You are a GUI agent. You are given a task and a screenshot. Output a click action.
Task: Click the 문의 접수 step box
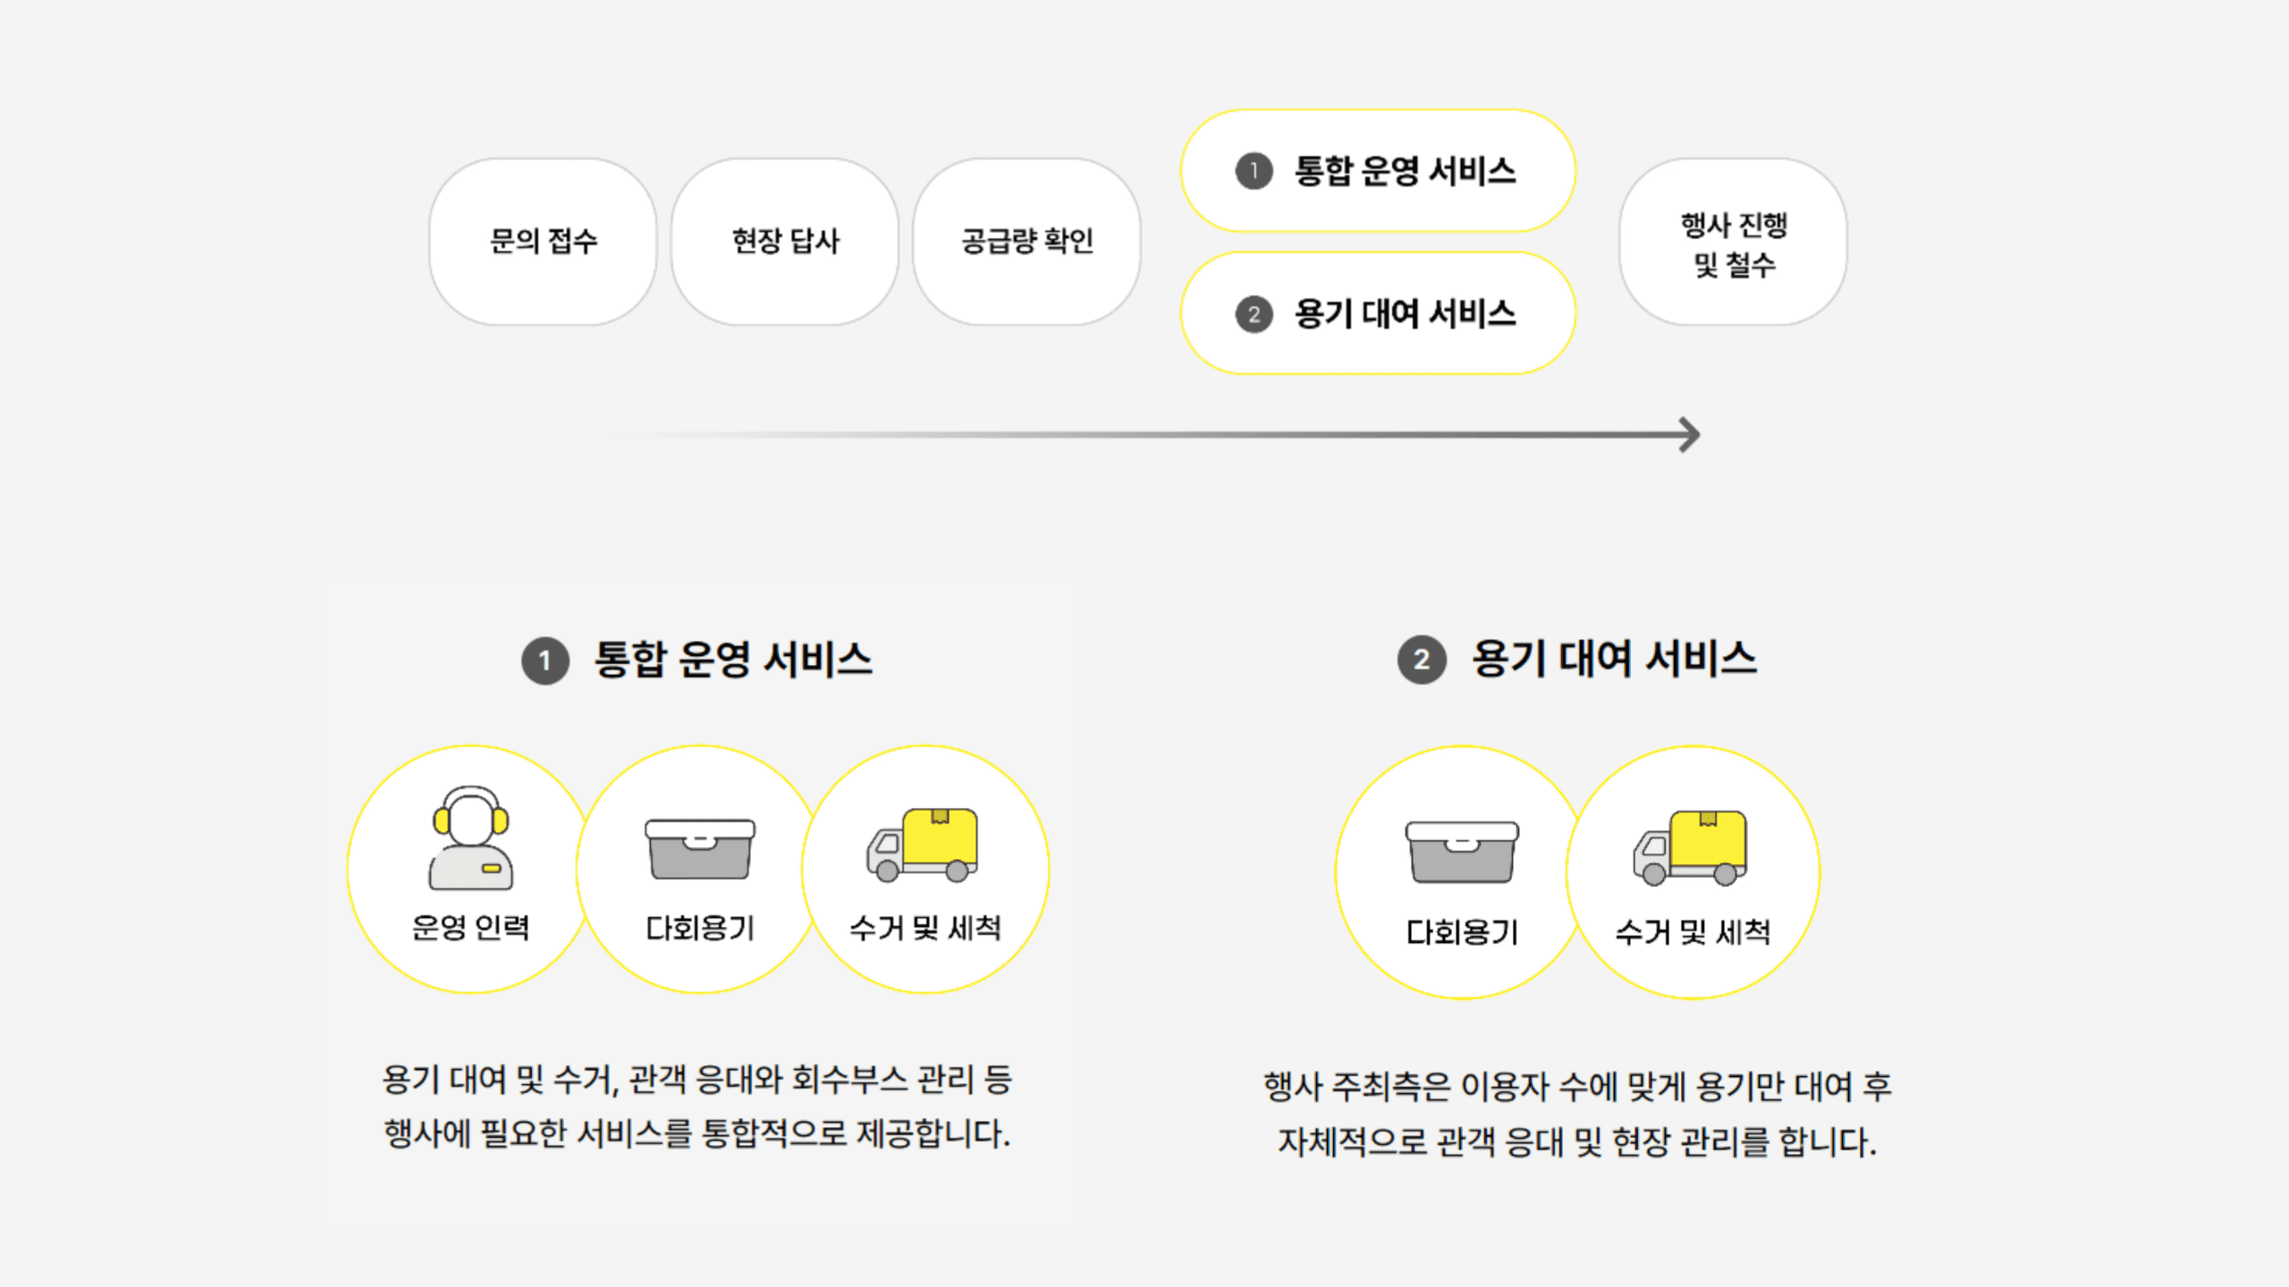coord(543,241)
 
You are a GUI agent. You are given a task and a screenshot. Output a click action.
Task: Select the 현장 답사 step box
coord(785,241)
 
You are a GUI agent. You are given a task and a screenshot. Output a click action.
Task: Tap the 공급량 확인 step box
coord(1026,241)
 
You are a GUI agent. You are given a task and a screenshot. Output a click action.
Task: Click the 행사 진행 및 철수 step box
coord(1733,243)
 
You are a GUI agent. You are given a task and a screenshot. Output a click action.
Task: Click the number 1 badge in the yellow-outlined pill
coord(1254,171)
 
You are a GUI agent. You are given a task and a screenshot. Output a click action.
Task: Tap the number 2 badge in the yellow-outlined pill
coord(1254,314)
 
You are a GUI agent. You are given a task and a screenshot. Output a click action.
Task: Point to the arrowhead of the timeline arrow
coord(1688,435)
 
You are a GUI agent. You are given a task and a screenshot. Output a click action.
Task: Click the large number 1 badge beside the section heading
coord(545,661)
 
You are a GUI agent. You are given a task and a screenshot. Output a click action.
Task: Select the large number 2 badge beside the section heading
coord(1422,660)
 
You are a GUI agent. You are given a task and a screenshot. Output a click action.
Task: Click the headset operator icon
coord(471,837)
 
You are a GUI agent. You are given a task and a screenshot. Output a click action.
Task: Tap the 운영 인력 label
coord(470,928)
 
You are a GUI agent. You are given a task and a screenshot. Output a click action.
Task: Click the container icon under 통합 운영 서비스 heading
coord(700,848)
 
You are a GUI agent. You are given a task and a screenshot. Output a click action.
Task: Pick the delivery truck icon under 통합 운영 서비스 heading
coord(923,845)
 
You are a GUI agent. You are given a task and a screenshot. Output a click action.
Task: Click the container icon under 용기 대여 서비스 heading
coord(1462,852)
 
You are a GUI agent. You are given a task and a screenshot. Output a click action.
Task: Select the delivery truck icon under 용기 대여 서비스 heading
coord(1691,848)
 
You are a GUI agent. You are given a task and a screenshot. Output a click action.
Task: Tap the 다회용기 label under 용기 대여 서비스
coord(1462,933)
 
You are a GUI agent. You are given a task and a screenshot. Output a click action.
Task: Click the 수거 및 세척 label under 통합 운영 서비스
coord(925,928)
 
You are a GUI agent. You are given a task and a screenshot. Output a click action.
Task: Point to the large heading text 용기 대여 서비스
coord(1614,660)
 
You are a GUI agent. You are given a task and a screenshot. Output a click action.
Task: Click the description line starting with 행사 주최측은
coord(1577,1088)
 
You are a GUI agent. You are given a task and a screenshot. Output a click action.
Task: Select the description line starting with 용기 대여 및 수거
coord(697,1081)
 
